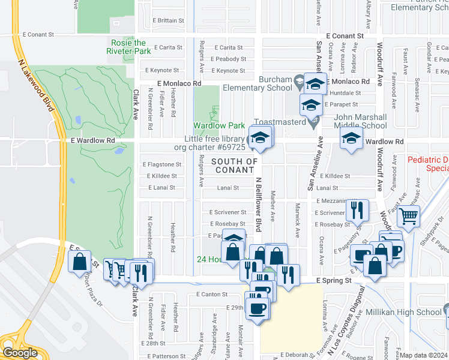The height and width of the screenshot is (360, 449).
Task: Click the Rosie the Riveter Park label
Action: coord(128,47)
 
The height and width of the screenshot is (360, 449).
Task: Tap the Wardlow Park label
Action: coord(218,125)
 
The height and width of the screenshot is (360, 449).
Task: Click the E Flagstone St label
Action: coord(161,164)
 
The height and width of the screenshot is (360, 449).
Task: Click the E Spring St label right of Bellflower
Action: coord(333,280)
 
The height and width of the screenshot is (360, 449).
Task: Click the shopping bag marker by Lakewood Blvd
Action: coord(80,262)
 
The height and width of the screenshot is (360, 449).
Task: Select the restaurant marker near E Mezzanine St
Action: coord(357,211)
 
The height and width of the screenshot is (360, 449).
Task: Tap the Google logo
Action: coord(19,352)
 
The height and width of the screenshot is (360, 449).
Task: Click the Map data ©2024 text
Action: coord(424,355)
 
